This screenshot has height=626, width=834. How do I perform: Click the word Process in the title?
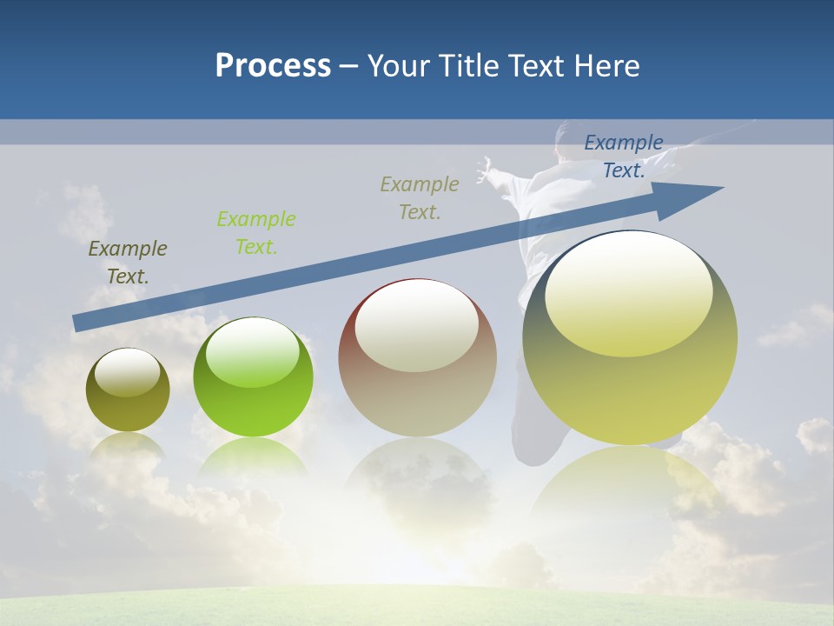(x=273, y=66)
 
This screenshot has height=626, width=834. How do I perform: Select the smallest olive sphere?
(x=128, y=390)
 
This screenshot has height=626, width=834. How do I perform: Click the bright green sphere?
(x=253, y=377)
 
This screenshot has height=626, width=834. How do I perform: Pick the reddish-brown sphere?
(x=417, y=358)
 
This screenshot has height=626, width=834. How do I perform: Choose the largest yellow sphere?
(x=630, y=337)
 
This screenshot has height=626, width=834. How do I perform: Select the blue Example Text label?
(x=623, y=156)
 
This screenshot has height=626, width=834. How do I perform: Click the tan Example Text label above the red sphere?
(x=420, y=198)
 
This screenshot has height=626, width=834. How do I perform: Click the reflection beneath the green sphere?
(x=253, y=456)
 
